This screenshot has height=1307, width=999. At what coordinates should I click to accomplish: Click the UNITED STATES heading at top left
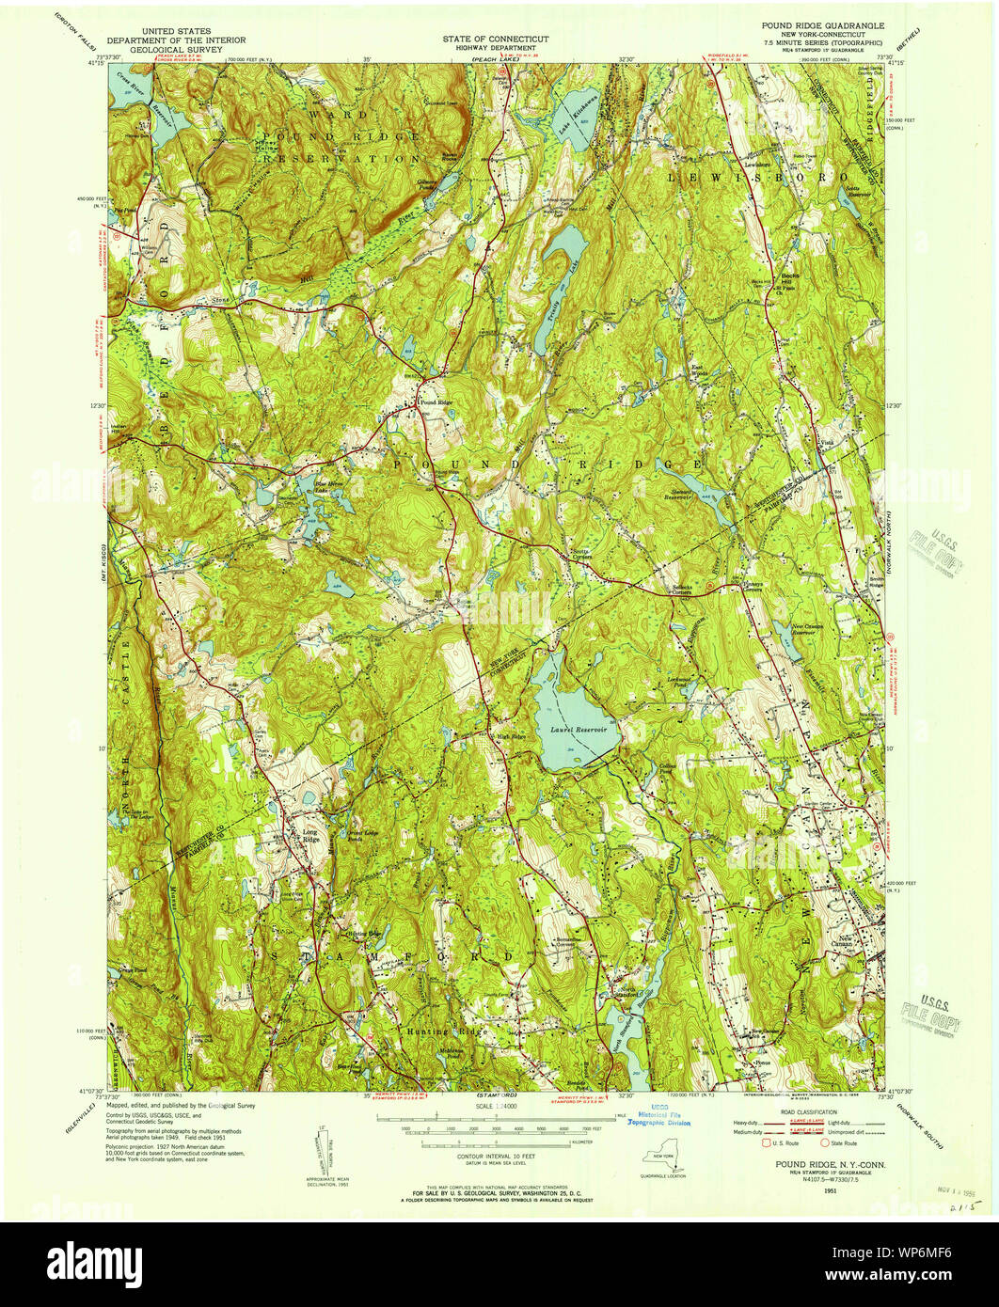176,31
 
